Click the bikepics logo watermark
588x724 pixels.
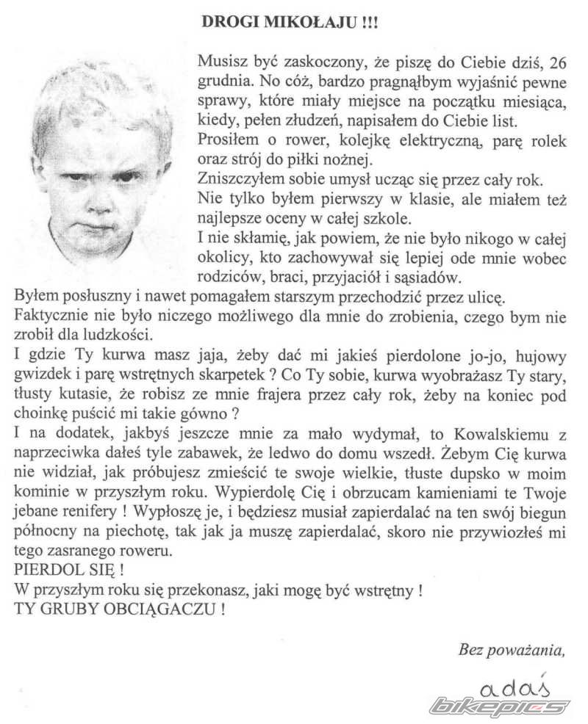[500, 706]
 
